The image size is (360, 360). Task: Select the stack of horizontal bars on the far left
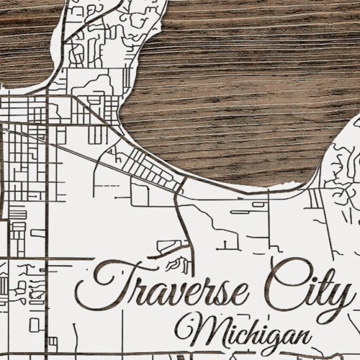click(17, 213)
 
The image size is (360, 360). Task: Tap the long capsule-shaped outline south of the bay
click(241, 211)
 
